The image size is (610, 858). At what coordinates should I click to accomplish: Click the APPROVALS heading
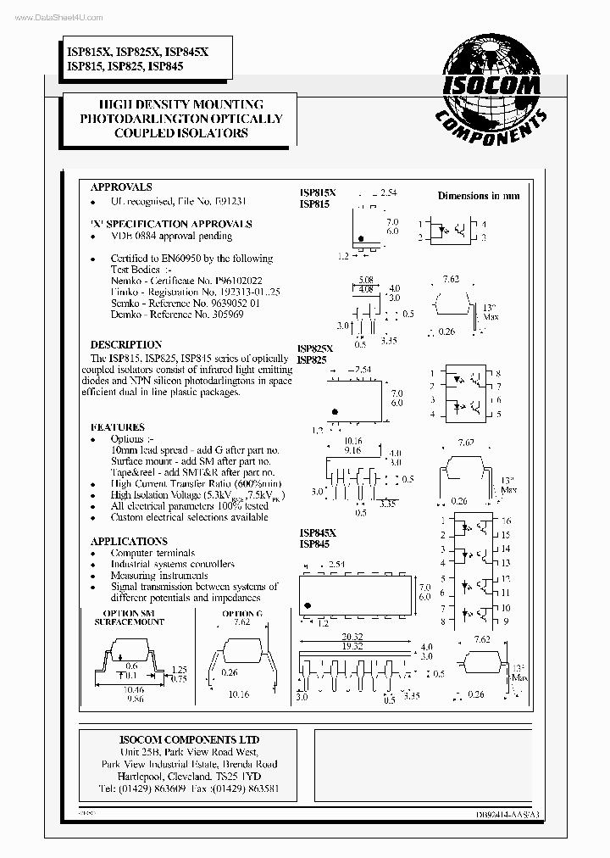pos(121,187)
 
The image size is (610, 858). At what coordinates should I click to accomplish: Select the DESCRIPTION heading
pos(126,345)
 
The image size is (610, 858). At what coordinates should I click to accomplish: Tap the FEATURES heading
pos(117,427)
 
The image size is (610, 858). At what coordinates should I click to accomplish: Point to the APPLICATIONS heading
pos(129,541)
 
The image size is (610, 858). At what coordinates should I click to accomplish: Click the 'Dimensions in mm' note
pos(479,196)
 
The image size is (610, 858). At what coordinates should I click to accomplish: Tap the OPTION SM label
pos(129,613)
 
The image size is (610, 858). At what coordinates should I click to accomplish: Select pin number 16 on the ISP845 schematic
pos(505,521)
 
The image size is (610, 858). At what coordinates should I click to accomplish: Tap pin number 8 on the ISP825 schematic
pos(498,374)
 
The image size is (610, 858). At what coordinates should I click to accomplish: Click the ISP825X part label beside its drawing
pos(315,349)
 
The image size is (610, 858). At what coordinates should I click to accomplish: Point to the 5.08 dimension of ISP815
pos(365,280)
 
